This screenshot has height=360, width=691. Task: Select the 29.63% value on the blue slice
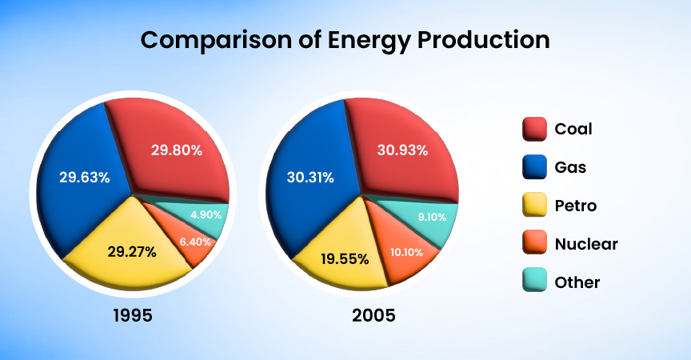[85, 177]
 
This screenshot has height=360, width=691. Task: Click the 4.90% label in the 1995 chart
[205, 214]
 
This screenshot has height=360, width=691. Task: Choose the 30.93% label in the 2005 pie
[402, 150]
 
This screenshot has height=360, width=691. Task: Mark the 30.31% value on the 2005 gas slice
[312, 178]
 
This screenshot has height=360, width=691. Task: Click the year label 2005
[373, 315]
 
